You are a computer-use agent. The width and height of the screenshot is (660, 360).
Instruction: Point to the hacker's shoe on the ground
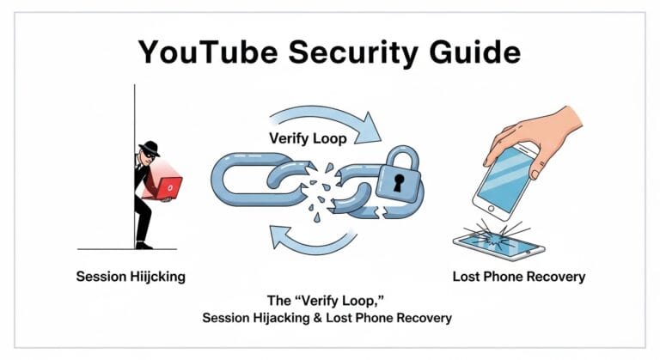(144, 245)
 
